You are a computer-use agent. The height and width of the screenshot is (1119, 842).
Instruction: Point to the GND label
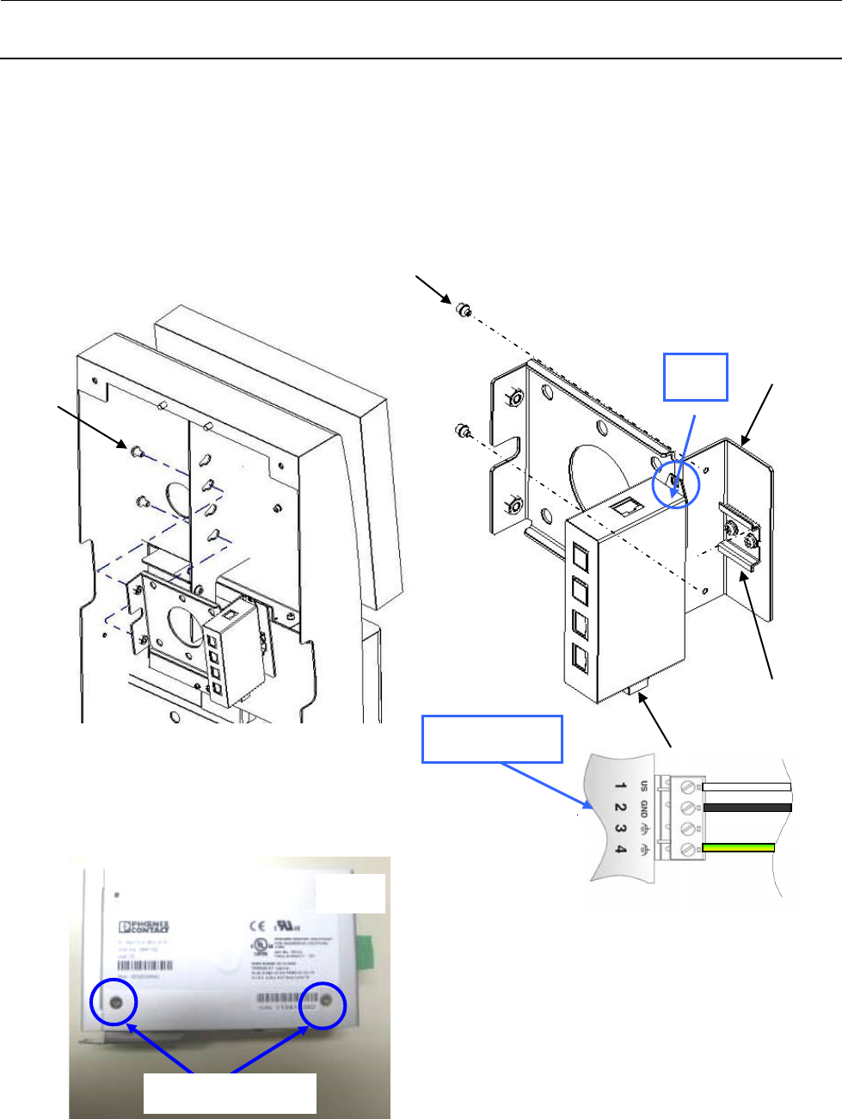tap(643, 808)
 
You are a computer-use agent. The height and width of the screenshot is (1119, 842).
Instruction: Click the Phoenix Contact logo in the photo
tap(144, 926)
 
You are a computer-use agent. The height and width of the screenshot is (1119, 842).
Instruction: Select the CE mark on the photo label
tap(257, 926)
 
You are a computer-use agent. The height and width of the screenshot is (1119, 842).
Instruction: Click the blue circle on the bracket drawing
tap(677, 485)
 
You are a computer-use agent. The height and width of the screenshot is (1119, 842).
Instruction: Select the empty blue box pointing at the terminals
tap(492, 738)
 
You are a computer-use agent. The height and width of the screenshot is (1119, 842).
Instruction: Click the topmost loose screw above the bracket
tap(463, 309)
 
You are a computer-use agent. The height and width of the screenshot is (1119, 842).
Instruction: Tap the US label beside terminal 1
tap(643, 785)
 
